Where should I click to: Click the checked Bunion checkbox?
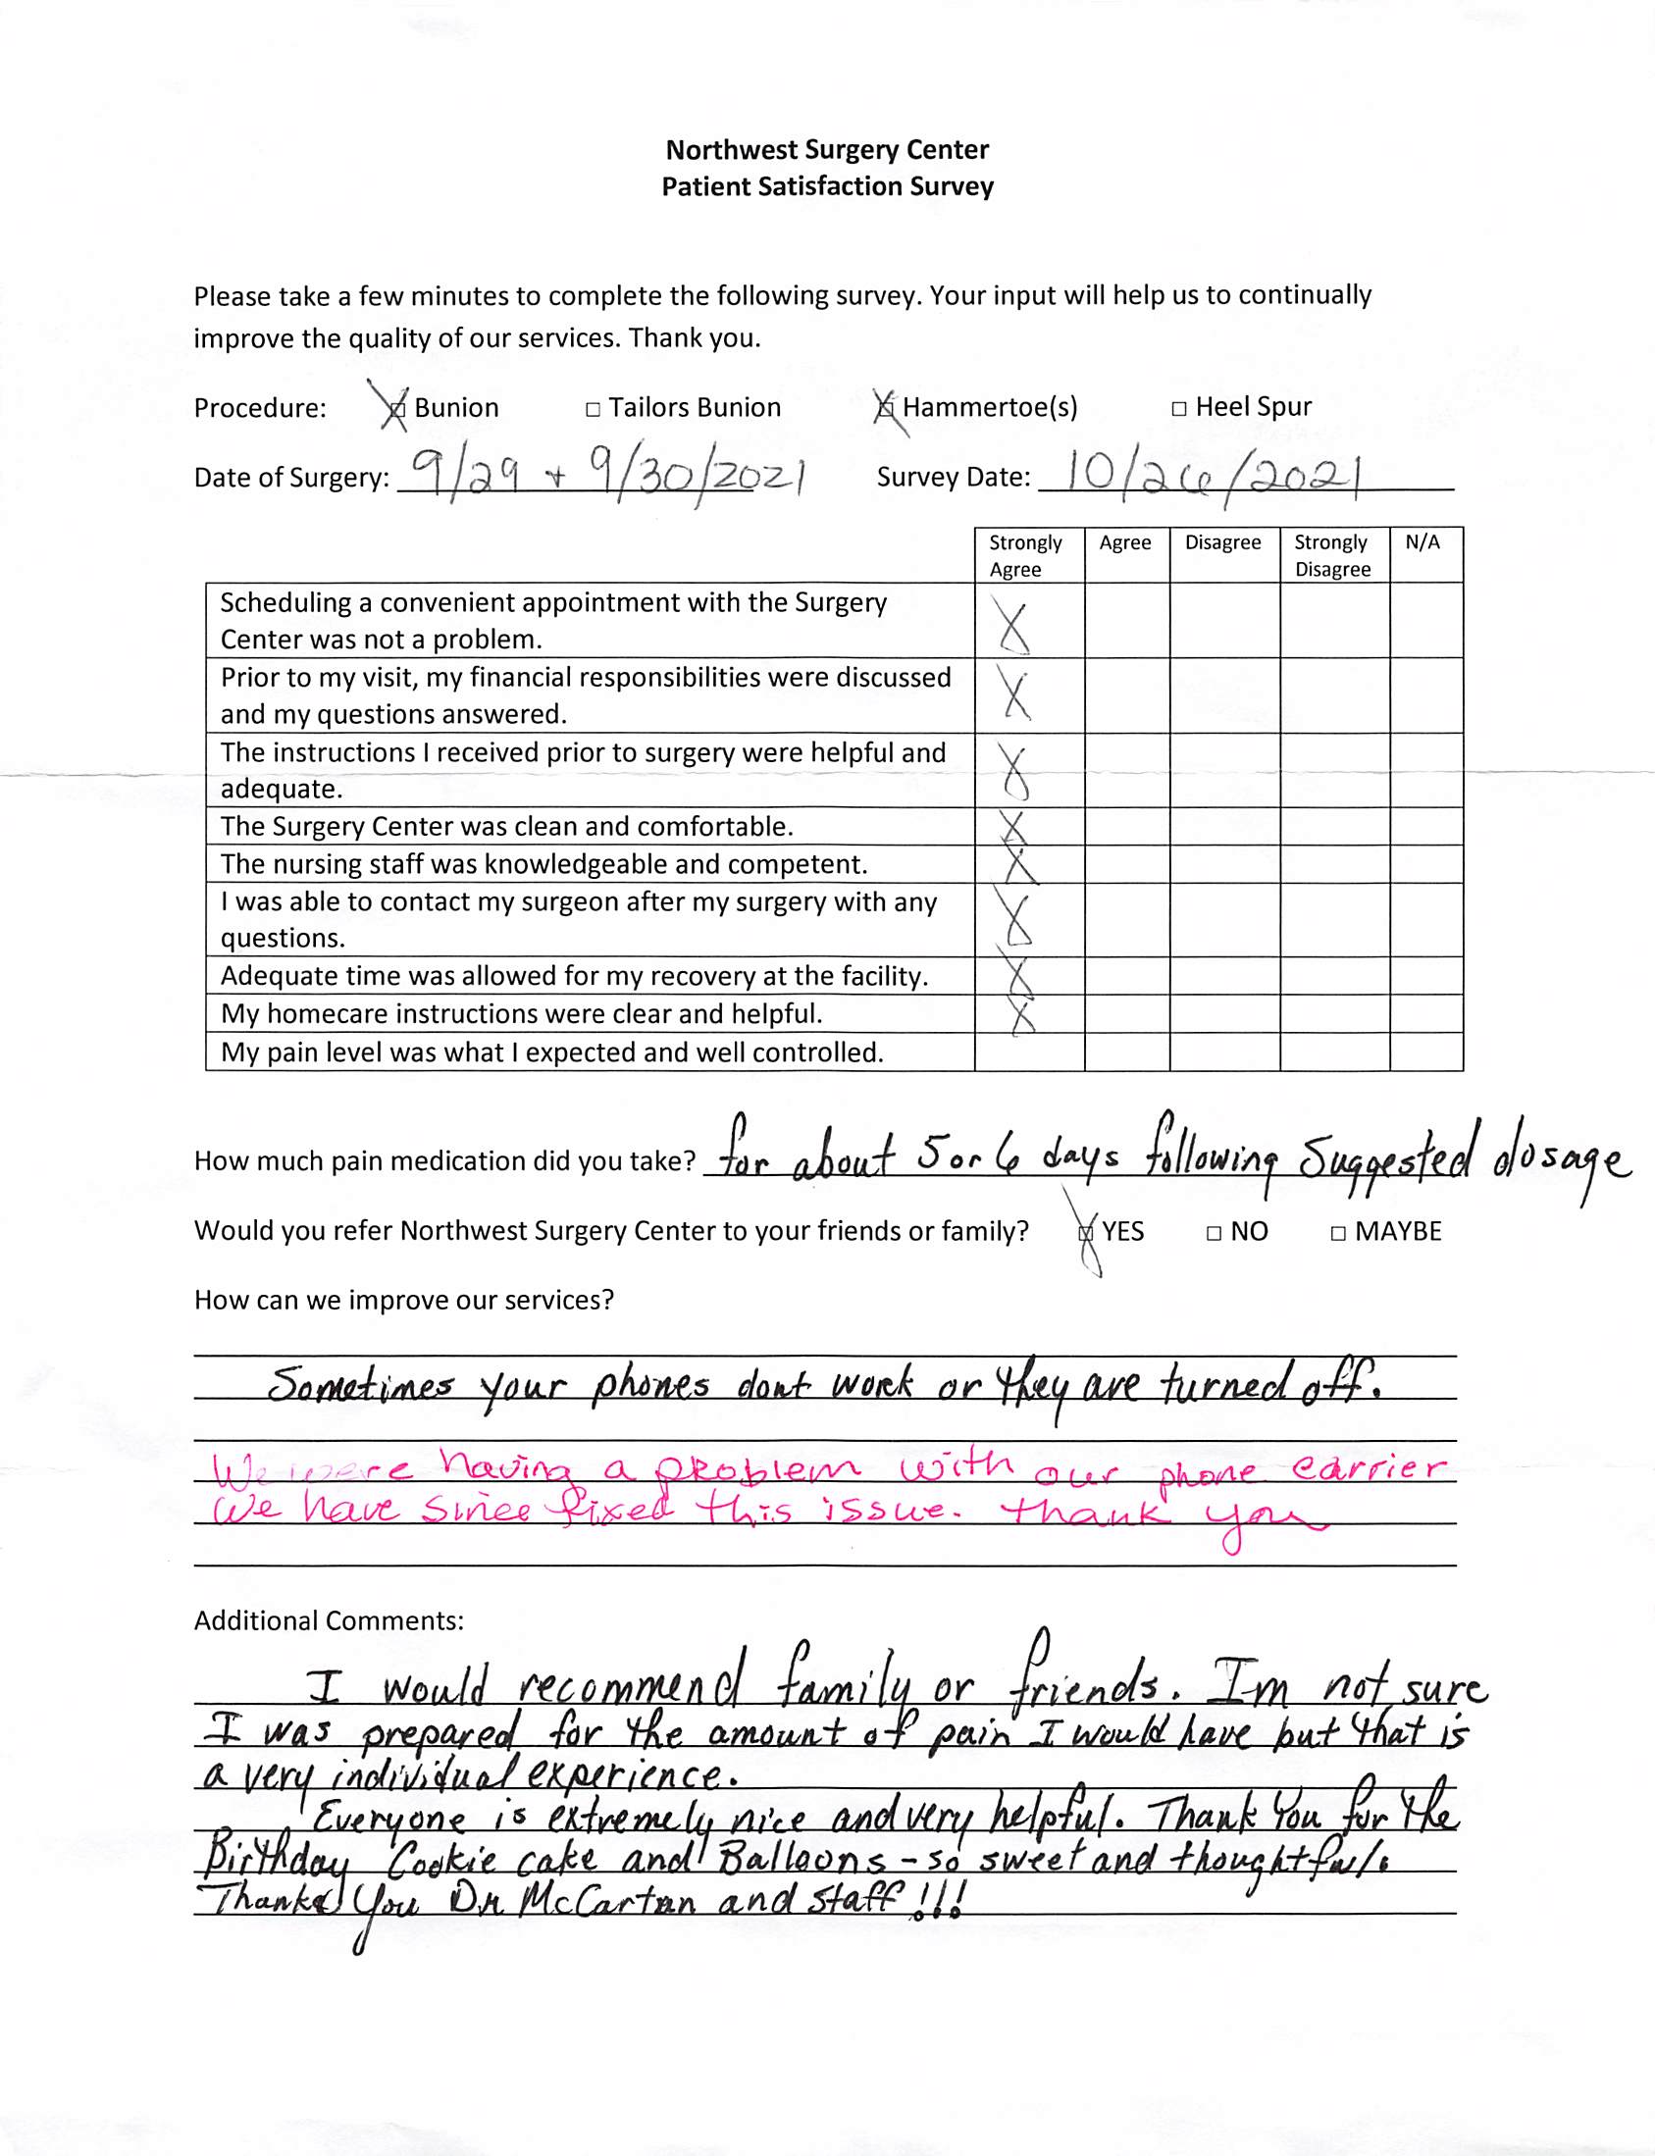[x=396, y=409]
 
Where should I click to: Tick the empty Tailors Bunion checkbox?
[x=593, y=410]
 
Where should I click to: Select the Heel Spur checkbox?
[x=1178, y=409]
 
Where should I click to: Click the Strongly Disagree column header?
[x=1332, y=555]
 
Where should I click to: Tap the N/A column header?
[x=1422, y=542]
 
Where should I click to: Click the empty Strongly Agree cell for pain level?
[x=1028, y=1052]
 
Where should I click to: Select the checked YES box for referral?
[x=1086, y=1233]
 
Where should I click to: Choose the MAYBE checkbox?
[x=1338, y=1233]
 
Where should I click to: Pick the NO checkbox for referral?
[x=1214, y=1233]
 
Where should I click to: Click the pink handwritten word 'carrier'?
[x=1370, y=1470]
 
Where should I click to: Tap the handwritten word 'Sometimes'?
[x=361, y=1387]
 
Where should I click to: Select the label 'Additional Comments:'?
[x=328, y=1621]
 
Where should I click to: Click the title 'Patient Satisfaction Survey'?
[x=828, y=187]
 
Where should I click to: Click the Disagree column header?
[x=1221, y=542]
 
